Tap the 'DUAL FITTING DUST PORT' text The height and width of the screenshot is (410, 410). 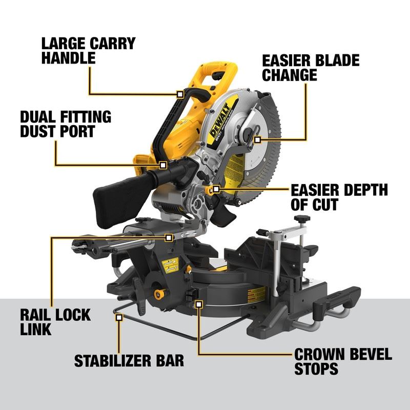(x=65, y=124)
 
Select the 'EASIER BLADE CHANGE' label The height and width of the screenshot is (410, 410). (x=311, y=67)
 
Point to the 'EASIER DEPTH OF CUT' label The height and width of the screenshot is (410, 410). (x=339, y=197)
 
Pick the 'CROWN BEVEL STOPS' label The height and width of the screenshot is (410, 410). (x=342, y=361)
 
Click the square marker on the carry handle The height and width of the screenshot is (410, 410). (x=179, y=94)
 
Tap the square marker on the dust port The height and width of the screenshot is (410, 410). (x=163, y=165)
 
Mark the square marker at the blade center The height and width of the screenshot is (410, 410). (x=257, y=138)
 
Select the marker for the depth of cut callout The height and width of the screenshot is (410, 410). (x=216, y=189)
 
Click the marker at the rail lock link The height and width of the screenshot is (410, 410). (x=169, y=237)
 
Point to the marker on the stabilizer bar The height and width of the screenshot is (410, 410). (x=119, y=317)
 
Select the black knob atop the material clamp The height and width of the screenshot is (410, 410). (x=301, y=219)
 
